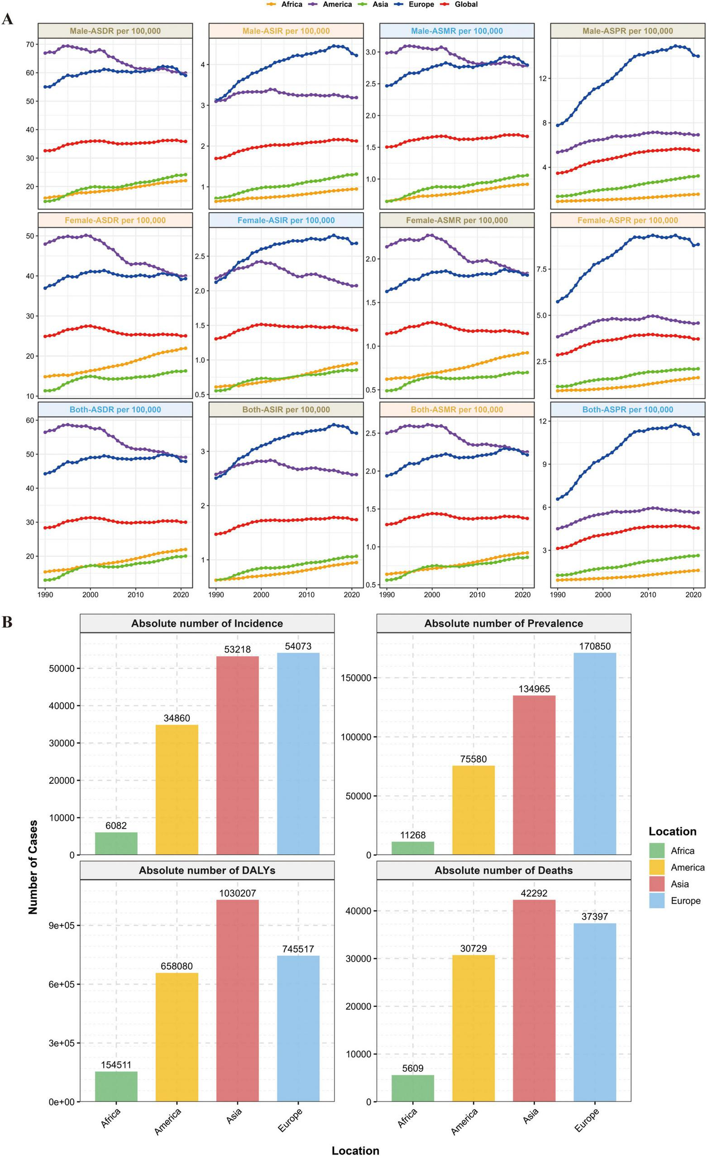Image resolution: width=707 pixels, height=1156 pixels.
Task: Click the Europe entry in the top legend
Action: (421, 4)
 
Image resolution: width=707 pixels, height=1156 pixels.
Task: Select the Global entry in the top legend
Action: (465, 4)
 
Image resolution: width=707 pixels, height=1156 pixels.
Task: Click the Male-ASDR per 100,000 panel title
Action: (115, 31)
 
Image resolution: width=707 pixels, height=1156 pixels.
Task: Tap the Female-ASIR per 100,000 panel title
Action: (286, 221)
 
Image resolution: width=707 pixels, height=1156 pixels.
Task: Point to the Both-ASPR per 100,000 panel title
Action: (628, 410)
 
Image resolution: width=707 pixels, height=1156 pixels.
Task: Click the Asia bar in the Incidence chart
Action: (237, 756)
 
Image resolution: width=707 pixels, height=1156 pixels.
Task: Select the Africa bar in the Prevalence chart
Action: (413, 848)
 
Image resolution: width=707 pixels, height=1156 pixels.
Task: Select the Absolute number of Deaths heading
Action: (503, 871)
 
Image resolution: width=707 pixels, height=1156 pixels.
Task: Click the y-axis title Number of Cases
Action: (33, 867)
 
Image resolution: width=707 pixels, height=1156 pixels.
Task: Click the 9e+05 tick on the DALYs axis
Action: (62, 926)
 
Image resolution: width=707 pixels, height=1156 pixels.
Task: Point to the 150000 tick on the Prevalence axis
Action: (355, 678)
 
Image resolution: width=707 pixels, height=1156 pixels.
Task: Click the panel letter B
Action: (7, 622)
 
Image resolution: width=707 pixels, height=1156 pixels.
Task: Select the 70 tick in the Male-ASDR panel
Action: (30, 44)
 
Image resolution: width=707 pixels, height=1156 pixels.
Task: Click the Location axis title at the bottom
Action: (355, 1150)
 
